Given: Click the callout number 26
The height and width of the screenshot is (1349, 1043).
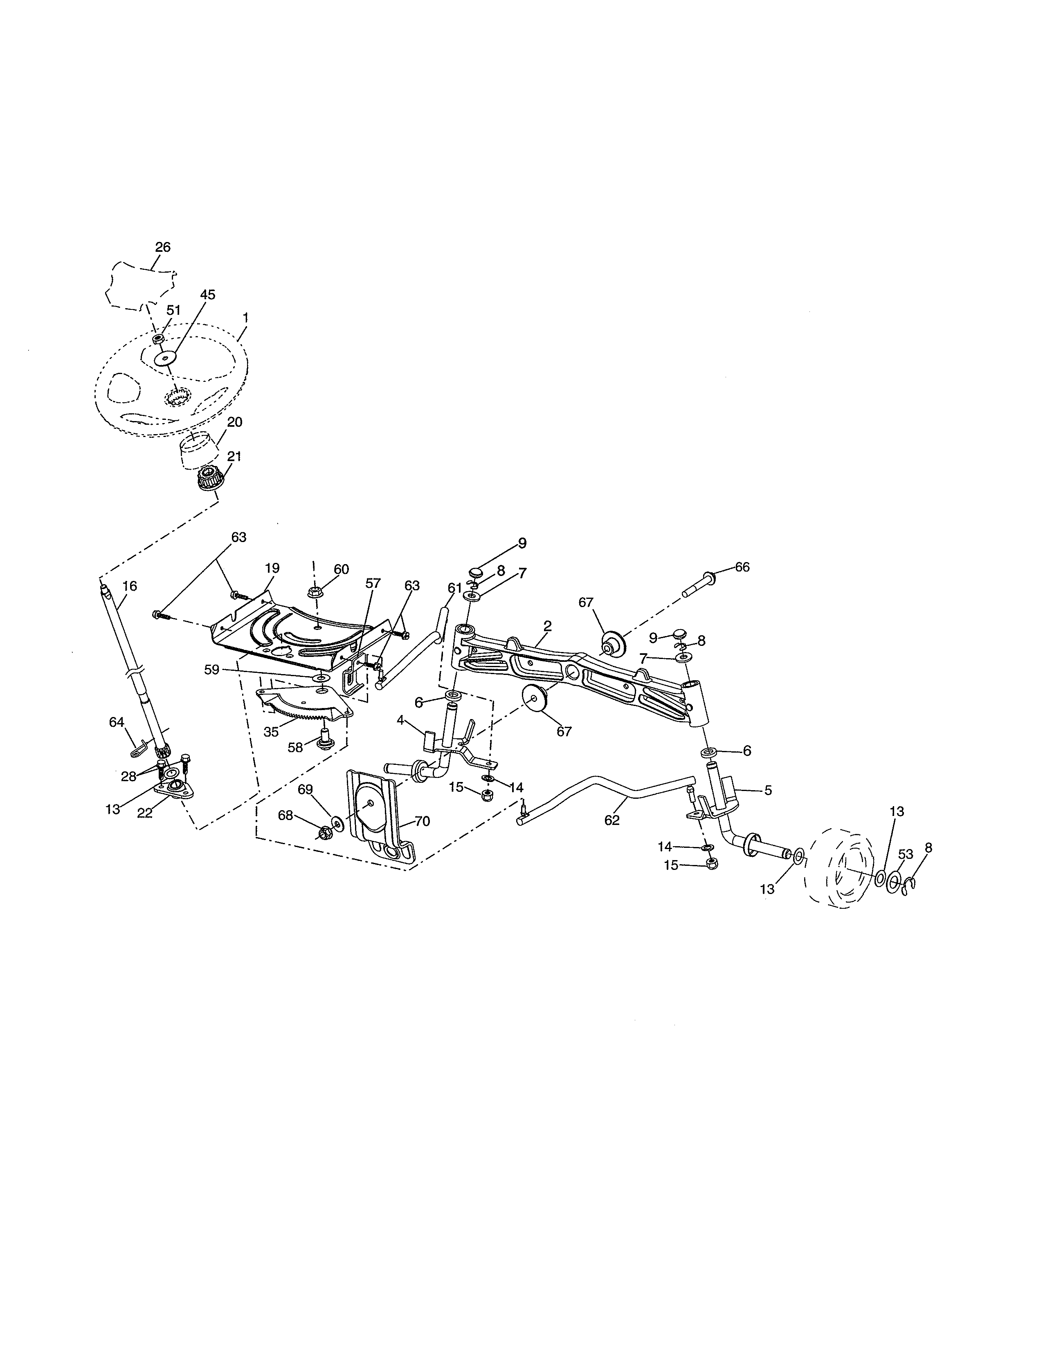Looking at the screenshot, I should (x=162, y=247).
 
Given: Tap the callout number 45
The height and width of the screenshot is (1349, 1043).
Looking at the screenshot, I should (x=208, y=295).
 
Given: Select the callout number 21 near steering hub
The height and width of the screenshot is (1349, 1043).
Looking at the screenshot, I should (x=234, y=457).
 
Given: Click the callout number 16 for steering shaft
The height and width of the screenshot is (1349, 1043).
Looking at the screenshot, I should (x=129, y=585).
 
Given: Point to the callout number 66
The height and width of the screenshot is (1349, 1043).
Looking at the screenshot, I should (x=742, y=567).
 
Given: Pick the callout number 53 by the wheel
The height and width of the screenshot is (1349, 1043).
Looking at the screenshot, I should (x=905, y=855).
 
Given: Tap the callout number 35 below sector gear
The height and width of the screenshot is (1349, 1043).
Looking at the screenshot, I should (x=271, y=732).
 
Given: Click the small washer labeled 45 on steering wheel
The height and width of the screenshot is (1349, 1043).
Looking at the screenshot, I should (x=165, y=358).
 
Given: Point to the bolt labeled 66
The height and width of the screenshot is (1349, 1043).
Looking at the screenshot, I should (x=698, y=586).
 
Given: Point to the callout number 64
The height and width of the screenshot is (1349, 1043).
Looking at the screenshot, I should (x=117, y=722).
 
